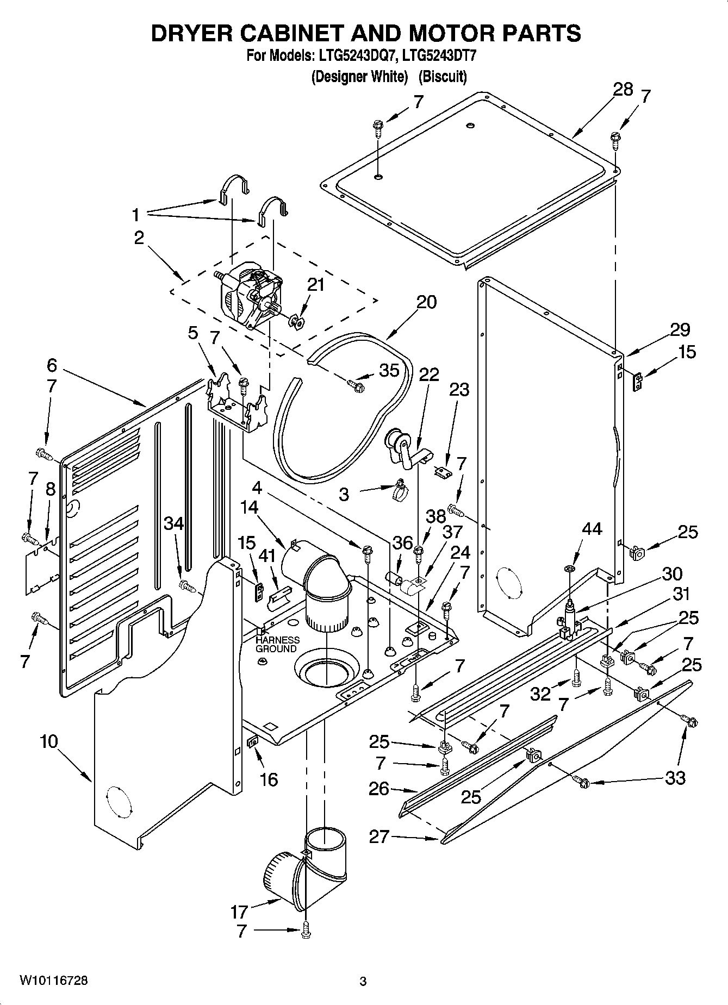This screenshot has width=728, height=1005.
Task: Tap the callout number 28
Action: click(x=623, y=90)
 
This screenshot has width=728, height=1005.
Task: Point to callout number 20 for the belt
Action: click(x=427, y=302)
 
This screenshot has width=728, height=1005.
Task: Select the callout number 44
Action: click(x=592, y=528)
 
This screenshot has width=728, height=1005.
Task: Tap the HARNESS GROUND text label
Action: click(x=277, y=644)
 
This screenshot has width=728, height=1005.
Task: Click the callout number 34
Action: click(x=174, y=523)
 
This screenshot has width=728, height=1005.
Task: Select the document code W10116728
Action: click(x=53, y=981)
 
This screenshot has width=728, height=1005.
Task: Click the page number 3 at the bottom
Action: click(x=363, y=982)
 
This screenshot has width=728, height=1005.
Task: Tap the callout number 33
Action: click(x=675, y=778)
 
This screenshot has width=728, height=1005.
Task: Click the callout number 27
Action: click(x=379, y=837)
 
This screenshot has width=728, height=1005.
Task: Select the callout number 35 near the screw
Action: click(x=389, y=370)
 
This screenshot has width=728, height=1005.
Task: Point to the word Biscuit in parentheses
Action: click(x=443, y=77)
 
